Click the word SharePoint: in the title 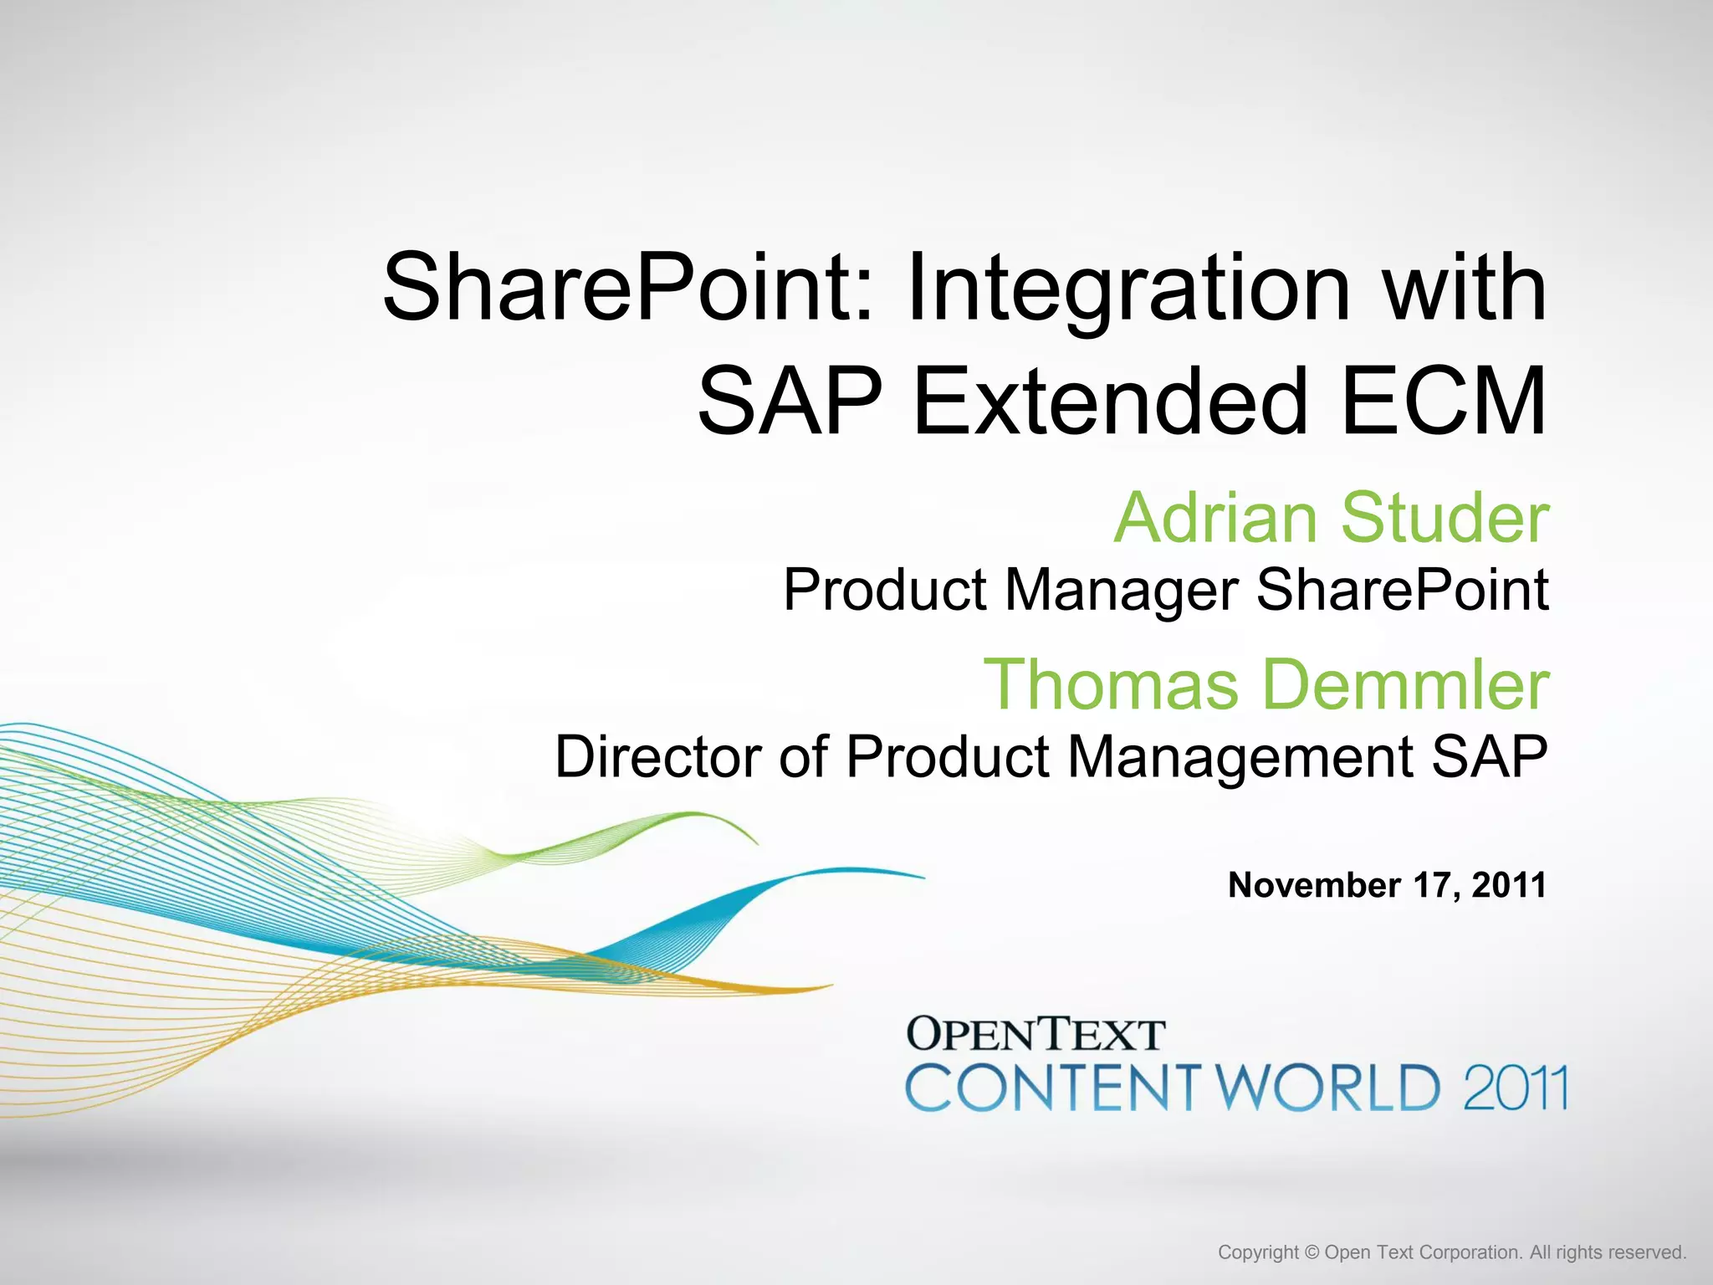coord(627,289)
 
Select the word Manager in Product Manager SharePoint coord(1121,591)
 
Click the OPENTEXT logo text coord(1035,1035)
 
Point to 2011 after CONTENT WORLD coord(1515,1088)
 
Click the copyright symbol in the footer coord(1312,1252)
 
